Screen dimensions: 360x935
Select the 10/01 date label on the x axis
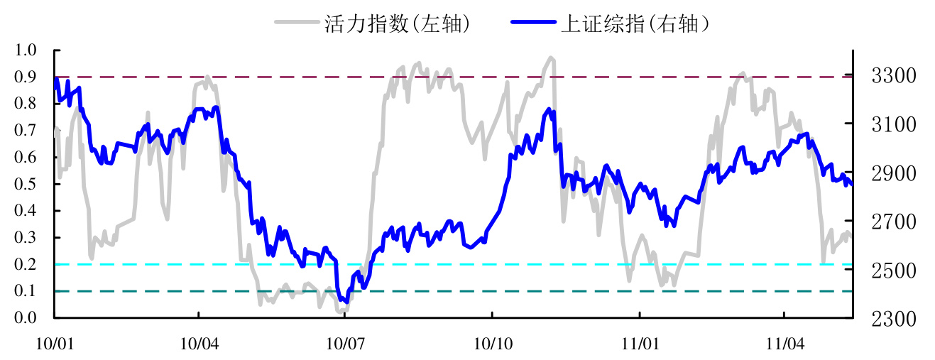(x=55, y=343)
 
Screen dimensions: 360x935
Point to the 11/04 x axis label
(x=782, y=343)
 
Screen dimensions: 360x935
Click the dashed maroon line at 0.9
(x=454, y=77)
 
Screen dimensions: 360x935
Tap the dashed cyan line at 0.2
(x=454, y=264)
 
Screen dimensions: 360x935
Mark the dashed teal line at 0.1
(x=454, y=291)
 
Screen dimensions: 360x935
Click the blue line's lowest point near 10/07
(x=345, y=301)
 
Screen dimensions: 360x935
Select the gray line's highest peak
(x=550, y=58)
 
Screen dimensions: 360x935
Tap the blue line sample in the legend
(x=532, y=23)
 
